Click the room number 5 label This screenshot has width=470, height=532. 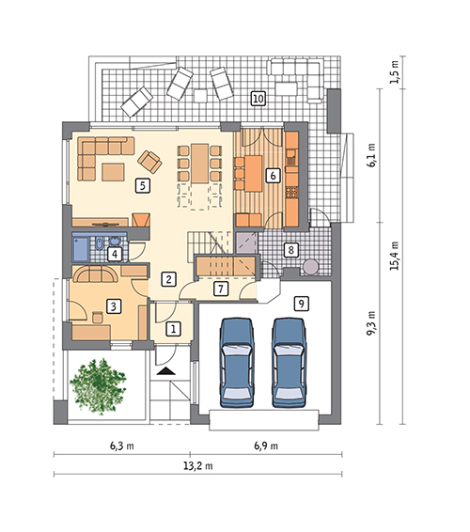coord(143,185)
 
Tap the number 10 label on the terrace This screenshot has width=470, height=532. coord(258,99)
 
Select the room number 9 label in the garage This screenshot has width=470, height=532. coord(302,303)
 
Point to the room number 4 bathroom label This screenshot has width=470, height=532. coord(115,254)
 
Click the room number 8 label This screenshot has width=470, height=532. coord(290,250)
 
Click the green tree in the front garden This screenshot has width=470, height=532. coord(98,386)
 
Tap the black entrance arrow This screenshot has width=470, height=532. coord(166,371)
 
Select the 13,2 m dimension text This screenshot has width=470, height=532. coord(198,465)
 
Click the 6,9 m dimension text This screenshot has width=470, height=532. coord(266,446)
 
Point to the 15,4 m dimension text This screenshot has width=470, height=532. coord(394,256)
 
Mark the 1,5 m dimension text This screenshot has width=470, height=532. coord(394,72)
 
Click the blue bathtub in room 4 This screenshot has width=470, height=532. coord(81,249)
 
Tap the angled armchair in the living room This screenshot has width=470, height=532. coord(149,161)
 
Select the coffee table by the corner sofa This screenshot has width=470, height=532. coord(114,172)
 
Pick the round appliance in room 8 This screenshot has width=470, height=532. coord(311,266)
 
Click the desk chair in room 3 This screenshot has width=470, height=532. coord(98,317)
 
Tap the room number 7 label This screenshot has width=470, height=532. coord(221,289)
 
